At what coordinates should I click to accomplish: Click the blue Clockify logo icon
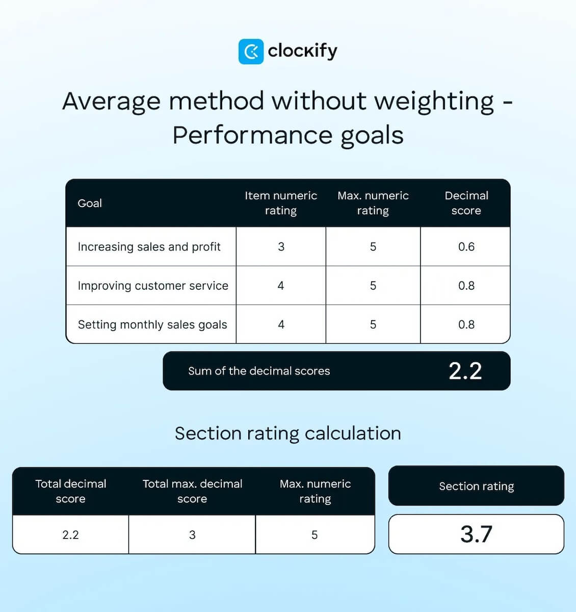(x=251, y=52)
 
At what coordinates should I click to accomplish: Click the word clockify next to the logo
(x=302, y=51)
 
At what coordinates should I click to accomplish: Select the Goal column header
(x=90, y=203)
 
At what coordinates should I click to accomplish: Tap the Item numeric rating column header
(x=280, y=203)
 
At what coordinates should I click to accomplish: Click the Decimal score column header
(x=466, y=203)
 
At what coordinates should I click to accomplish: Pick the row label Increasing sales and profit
(x=149, y=247)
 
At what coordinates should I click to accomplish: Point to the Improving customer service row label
(x=153, y=286)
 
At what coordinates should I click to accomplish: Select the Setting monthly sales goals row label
(x=152, y=325)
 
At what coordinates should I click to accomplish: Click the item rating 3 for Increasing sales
(x=281, y=247)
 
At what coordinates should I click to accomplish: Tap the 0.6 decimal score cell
(x=466, y=247)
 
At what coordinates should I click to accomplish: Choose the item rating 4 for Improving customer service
(x=281, y=286)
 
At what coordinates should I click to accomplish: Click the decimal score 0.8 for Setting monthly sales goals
(x=466, y=325)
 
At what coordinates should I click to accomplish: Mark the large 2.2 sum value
(x=465, y=371)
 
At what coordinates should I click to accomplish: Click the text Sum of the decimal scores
(x=259, y=371)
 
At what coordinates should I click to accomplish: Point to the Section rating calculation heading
(x=287, y=433)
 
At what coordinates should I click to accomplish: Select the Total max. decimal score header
(x=192, y=491)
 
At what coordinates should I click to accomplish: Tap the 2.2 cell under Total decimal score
(x=70, y=535)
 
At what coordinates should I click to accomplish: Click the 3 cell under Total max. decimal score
(x=192, y=535)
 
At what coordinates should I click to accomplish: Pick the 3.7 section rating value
(x=476, y=534)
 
